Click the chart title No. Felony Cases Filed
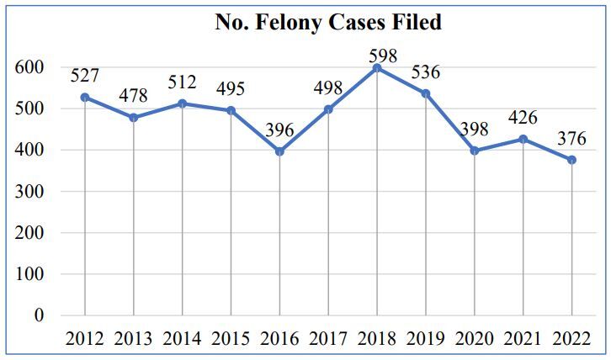pos(327,23)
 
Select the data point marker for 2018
pos(376,68)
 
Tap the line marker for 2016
pos(279,151)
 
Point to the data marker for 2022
pos(571,160)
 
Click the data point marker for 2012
pos(85,98)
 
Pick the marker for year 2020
pos(474,151)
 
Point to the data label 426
pos(522,119)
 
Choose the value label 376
pos(571,139)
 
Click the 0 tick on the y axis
pos(38,315)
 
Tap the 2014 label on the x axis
pos(182,339)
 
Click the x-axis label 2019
pos(425,339)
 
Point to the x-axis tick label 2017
pos(328,339)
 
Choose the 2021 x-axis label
pos(523,339)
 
